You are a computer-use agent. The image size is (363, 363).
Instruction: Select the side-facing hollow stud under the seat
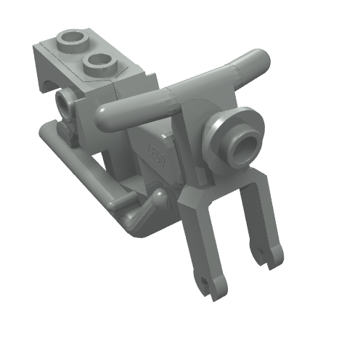66,106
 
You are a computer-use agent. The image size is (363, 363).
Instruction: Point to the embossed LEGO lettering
155,152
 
